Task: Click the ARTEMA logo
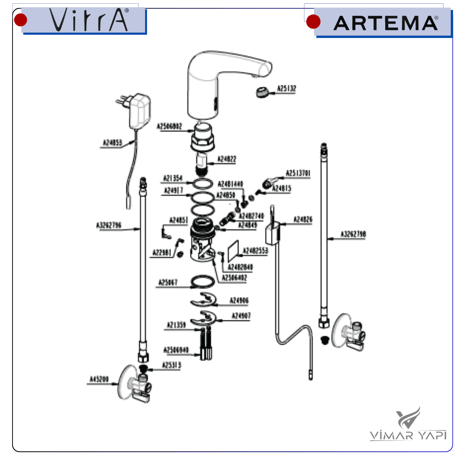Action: (386, 23)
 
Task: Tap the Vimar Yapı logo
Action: (408, 424)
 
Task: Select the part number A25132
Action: (286, 89)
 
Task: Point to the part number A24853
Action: (112, 143)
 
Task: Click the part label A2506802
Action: (169, 126)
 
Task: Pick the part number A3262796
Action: (109, 225)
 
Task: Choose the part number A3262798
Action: (353, 234)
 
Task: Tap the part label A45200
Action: (99, 380)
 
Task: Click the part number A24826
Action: (303, 220)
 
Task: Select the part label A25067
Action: (168, 283)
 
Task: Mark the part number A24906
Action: (239, 300)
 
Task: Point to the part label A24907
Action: (241, 316)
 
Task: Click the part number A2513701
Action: (298, 173)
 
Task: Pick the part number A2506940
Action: (176, 350)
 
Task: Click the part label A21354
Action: (173, 179)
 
